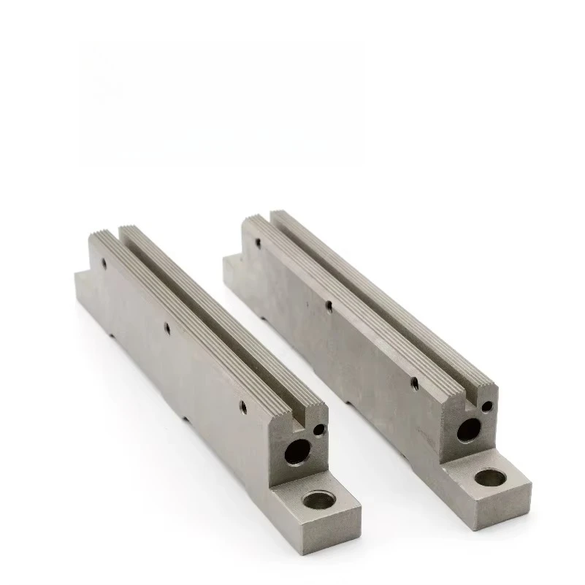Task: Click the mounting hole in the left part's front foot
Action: (318, 500)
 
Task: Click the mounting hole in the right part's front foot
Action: (489, 478)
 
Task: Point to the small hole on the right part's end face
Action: (487, 406)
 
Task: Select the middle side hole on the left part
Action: (167, 328)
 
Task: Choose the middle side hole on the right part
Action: (329, 305)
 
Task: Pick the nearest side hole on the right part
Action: (413, 381)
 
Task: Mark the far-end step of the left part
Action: (80, 278)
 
